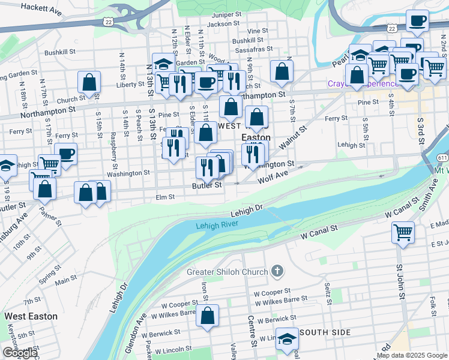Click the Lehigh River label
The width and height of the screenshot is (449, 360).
click(217, 224)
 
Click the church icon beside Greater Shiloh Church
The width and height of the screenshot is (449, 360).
click(277, 272)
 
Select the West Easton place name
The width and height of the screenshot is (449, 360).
click(31, 316)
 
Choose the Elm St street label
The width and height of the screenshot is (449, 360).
click(164, 197)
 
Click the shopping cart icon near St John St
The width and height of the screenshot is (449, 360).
click(403, 232)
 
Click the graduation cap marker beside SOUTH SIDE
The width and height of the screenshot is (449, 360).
click(287, 340)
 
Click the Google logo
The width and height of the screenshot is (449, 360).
click(19, 353)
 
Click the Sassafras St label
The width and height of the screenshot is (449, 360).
click(253, 49)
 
